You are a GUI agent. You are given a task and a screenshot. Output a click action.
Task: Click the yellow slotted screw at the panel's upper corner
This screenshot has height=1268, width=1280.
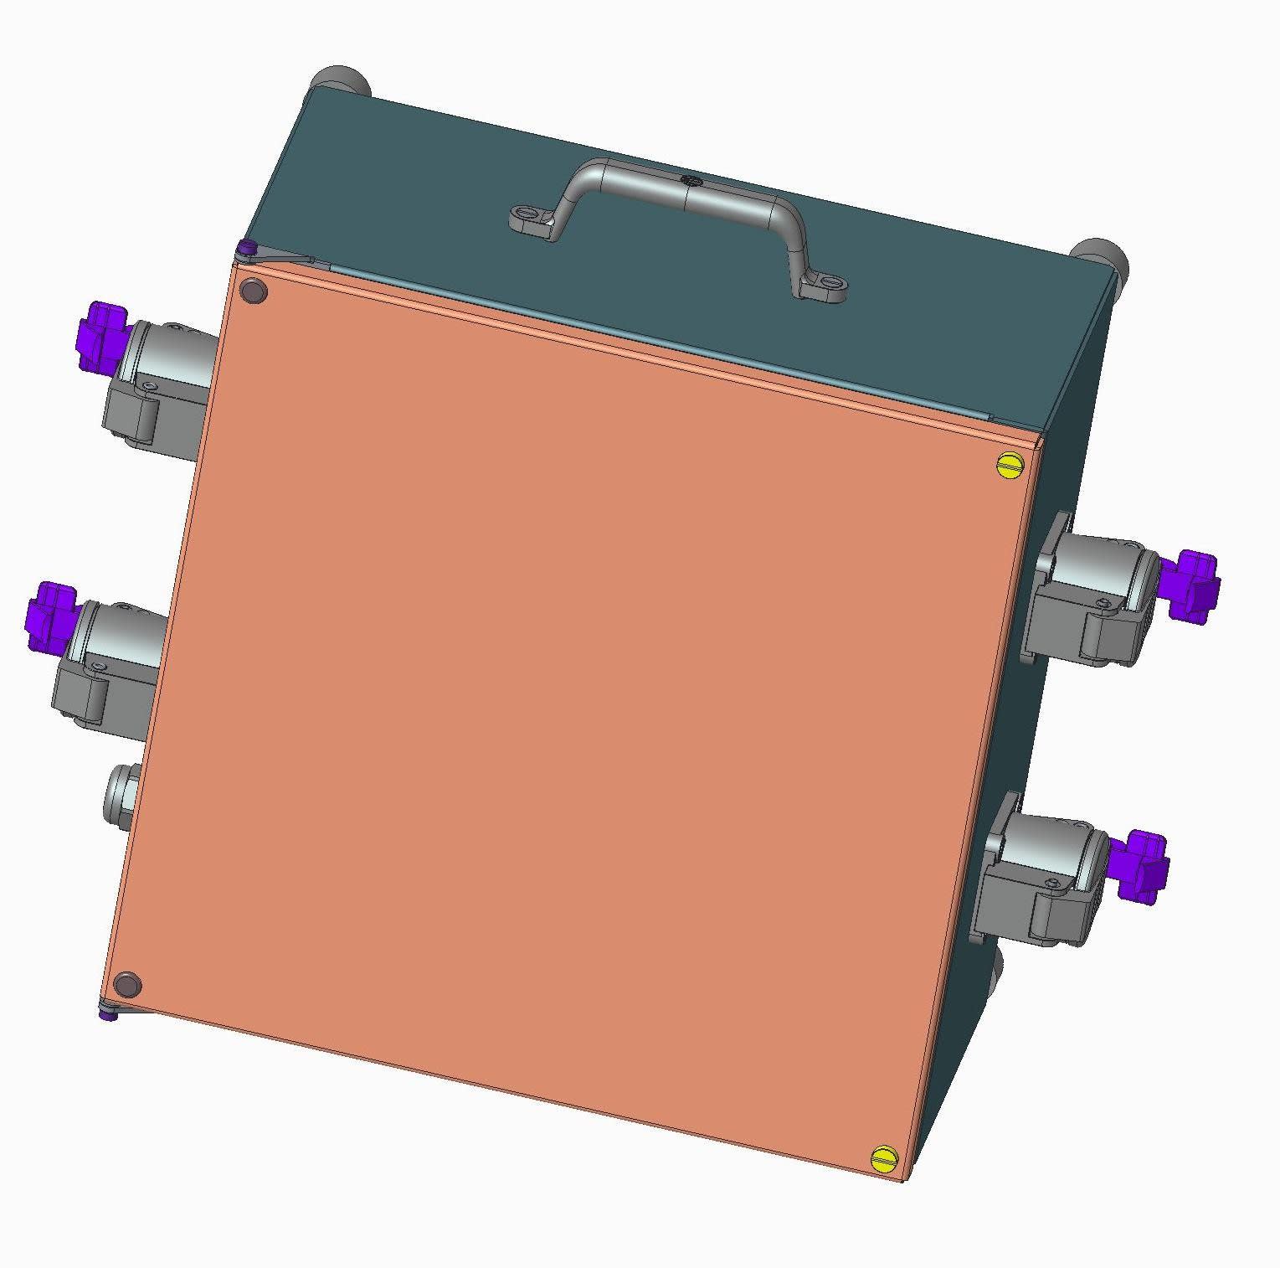click(1011, 464)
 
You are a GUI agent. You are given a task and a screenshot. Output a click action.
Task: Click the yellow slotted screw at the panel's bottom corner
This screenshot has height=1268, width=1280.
click(884, 1159)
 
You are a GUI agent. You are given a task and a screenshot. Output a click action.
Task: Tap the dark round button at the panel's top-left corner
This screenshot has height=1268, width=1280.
click(252, 291)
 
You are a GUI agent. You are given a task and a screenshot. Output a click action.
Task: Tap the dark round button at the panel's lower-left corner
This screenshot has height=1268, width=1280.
click(126, 985)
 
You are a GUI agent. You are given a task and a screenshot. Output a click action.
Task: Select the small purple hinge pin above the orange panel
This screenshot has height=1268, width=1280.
click(246, 248)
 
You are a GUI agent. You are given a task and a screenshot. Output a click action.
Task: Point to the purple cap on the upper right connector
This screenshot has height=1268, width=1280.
click(1193, 585)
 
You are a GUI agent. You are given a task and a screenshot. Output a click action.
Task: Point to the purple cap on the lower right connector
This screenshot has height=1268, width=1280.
click(1144, 866)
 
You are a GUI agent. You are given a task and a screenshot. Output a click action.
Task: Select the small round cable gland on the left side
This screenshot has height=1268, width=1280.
click(121, 794)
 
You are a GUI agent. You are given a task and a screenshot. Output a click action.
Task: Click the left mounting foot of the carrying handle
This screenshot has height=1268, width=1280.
click(531, 221)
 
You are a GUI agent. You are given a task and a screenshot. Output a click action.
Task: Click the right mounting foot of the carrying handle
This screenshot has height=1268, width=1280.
click(822, 289)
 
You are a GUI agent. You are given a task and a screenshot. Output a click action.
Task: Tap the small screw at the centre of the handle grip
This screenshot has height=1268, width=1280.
click(690, 180)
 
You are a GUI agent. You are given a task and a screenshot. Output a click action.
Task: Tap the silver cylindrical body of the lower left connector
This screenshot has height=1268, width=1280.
click(117, 631)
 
